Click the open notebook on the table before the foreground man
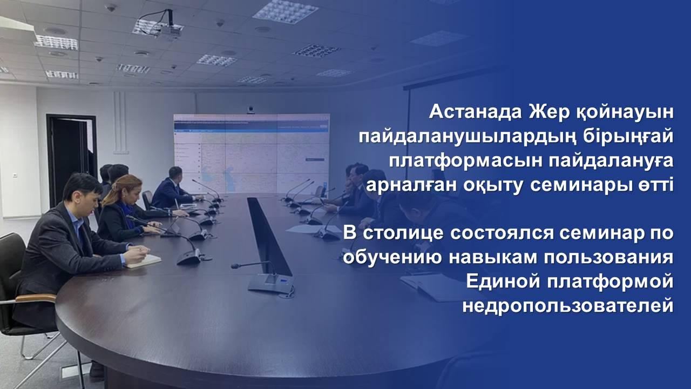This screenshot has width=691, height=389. pos(143,261)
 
